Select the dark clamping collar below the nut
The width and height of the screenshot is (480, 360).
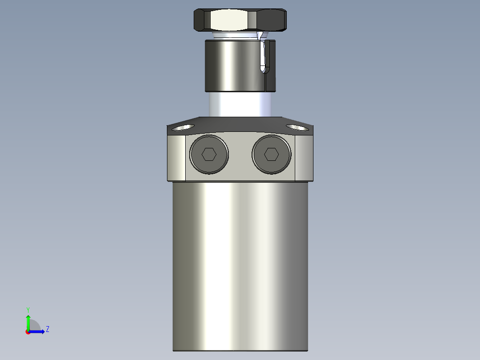click(x=232, y=65)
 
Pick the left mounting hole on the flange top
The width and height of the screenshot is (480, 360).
click(x=183, y=127)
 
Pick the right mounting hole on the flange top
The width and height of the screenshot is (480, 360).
click(x=297, y=127)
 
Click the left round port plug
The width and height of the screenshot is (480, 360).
click(x=209, y=154)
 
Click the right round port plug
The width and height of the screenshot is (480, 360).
click(x=271, y=154)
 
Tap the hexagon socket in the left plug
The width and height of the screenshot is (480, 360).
click(x=209, y=155)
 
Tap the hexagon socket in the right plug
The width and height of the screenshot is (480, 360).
click(x=271, y=155)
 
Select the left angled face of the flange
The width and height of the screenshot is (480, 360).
click(x=176, y=158)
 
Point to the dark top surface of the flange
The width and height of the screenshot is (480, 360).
click(x=240, y=125)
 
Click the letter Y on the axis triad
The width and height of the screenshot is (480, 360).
click(x=28, y=309)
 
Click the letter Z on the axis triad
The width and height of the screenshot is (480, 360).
click(x=47, y=329)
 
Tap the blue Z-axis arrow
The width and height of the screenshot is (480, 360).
click(x=38, y=331)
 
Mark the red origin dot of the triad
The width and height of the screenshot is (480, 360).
click(x=28, y=332)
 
